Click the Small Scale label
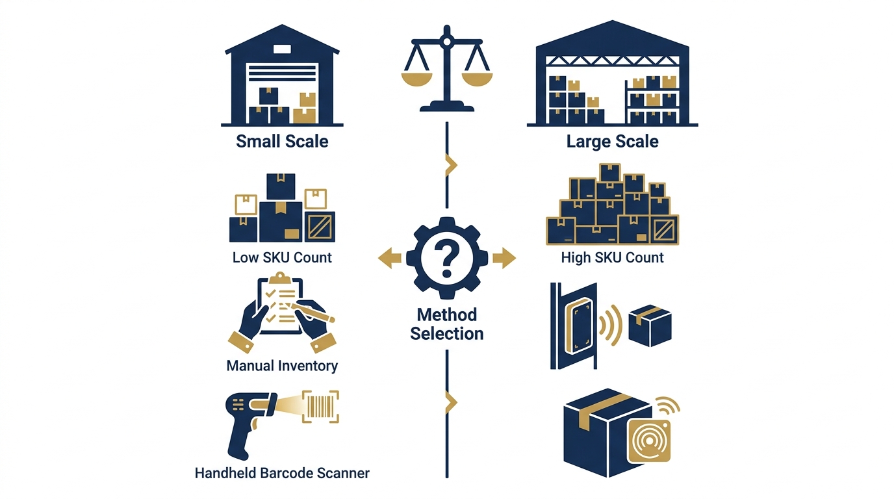pos(282,141)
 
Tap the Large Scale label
pos(612,141)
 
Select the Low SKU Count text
pos(282,257)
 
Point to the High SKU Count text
pos(612,257)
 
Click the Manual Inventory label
pos(282,366)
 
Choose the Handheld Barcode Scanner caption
pos(282,473)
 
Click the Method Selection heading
pos(446,324)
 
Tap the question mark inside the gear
pos(446,260)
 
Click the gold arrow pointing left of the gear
pos(390,258)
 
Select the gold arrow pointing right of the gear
pos(504,258)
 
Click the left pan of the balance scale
pos(416,79)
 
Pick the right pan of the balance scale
pos(477,79)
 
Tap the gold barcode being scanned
pos(320,406)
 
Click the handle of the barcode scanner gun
pos(240,439)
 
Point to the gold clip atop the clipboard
pos(280,278)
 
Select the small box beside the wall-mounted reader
pos(650,326)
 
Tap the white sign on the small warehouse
pos(282,49)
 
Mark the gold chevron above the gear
pos(451,164)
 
